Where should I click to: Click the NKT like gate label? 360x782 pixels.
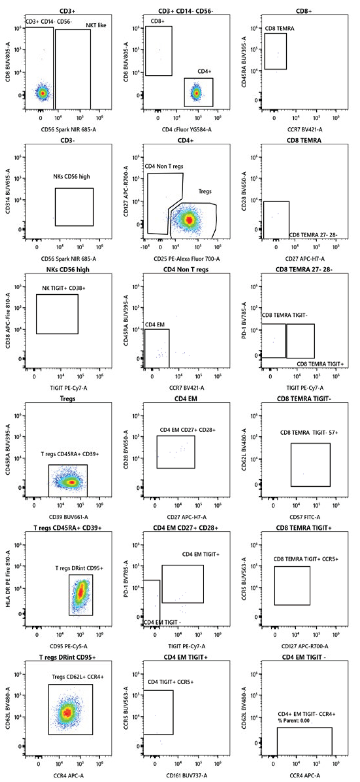[96, 25]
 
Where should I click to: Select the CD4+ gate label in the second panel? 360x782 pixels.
[204, 71]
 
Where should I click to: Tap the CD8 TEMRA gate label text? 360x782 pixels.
[279, 29]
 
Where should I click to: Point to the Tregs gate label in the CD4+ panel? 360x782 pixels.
[205, 191]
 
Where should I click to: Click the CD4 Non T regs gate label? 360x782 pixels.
[164, 167]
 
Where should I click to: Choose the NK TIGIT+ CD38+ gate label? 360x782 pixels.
[64, 288]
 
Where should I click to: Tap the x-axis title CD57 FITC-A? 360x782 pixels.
[305, 517]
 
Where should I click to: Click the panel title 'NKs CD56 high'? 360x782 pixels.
[67, 270]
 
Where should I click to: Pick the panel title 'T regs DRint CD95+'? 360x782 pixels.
[67, 657]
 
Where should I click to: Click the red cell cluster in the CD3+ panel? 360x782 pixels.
[43, 93]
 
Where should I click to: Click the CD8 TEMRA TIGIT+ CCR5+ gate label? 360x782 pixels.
[306, 559]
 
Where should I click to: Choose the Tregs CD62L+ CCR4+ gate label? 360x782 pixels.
[78, 677]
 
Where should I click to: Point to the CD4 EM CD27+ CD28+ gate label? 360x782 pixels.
[187, 430]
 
